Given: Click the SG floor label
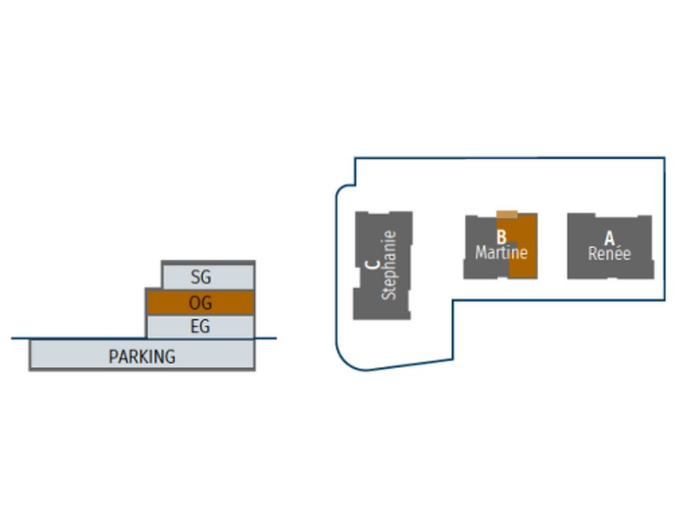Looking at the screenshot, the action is pyautogui.click(x=201, y=277).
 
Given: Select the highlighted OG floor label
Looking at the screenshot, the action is pyautogui.click(x=200, y=302).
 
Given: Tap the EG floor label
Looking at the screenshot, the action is pyautogui.click(x=200, y=327).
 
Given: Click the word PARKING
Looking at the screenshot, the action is pyautogui.click(x=142, y=357).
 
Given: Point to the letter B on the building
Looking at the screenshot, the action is pyautogui.click(x=501, y=237).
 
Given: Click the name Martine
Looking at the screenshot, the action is pyautogui.click(x=501, y=252).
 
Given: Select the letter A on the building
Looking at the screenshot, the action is pyautogui.click(x=609, y=238).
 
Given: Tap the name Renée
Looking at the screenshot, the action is pyautogui.click(x=609, y=253).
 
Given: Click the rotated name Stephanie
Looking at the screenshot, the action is pyautogui.click(x=388, y=265).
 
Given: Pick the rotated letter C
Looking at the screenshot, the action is pyautogui.click(x=372, y=264).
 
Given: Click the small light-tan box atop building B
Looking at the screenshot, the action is pyautogui.click(x=507, y=214).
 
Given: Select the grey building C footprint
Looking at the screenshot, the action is pyautogui.click(x=382, y=266).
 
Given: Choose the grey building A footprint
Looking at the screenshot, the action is pyautogui.click(x=611, y=246).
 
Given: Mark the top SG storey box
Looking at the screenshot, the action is pyautogui.click(x=208, y=276).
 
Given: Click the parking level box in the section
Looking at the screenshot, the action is pyautogui.click(x=142, y=355).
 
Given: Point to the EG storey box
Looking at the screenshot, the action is pyautogui.click(x=200, y=327).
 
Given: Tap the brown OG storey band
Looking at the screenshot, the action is pyautogui.click(x=200, y=302).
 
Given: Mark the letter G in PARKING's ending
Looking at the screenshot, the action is pyautogui.click(x=170, y=357).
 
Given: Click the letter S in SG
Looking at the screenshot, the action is pyautogui.click(x=195, y=277).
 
